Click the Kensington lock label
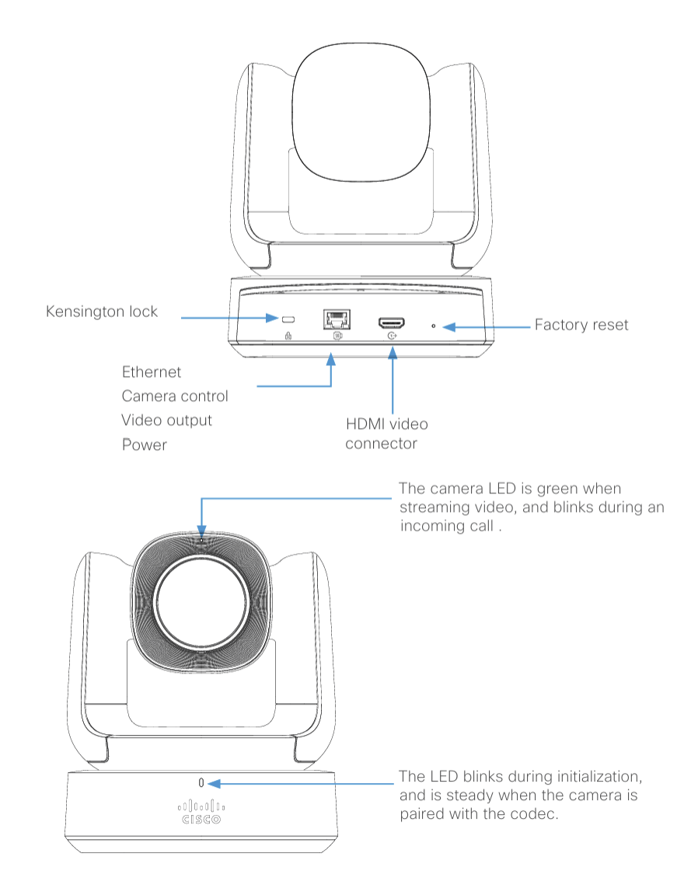pyautogui.click(x=102, y=311)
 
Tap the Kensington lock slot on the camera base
pyautogui.click(x=288, y=319)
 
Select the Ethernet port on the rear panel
pyautogui.click(x=337, y=319)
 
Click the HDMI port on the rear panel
pyautogui.click(x=392, y=322)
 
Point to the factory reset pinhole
pyautogui.click(x=433, y=326)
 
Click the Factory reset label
pyautogui.click(x=581, y=325)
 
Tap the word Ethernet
pyautogui.click(x=152, y=372)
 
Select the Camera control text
pyautogui.click(x=175, y=395)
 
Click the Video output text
pyautogui.click(x=166, y=420)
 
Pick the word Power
pyautogui.click(x=145, y=445)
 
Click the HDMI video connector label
pyautogui.click(x=386, y=434)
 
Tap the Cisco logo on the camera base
pyautogui.click(x=201, y=812)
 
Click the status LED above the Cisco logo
pyautogui.click(x=201, y=783)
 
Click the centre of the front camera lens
pyautogui.click(x=201, y=602)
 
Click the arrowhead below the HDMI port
pyautogui.click(x=393, y=353)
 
